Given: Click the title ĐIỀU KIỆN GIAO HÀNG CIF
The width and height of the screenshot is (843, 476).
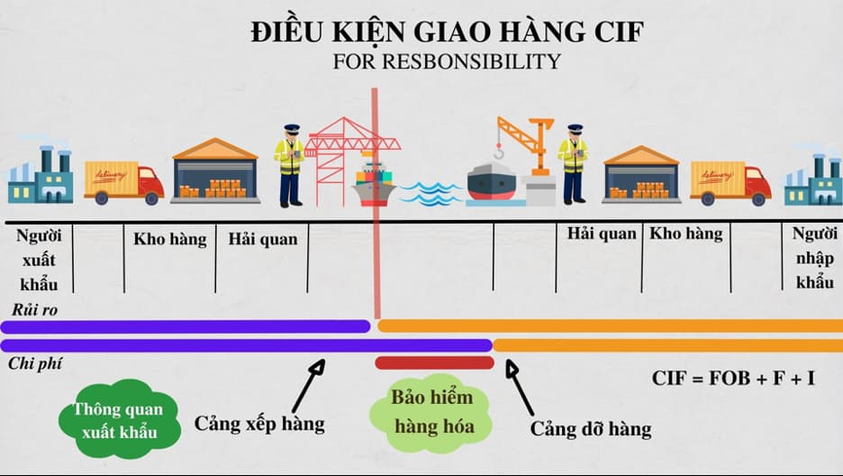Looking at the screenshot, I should click(448, 33).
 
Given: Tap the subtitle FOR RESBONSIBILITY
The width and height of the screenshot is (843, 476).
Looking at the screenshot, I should click(448, 62).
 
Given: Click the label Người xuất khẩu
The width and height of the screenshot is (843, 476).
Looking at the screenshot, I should click(37, 260).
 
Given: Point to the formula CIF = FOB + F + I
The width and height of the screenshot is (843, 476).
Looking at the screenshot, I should click(733, 379).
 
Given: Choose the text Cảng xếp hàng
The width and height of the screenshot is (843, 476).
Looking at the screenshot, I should click(259, 424).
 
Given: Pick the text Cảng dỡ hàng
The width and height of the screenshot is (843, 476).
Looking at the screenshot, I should click(590, 428).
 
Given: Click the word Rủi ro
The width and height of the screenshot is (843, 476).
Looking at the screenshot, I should click(32, 309).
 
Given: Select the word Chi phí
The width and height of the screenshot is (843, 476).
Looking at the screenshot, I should click(33, 363).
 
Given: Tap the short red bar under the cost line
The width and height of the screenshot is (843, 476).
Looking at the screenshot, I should click(434, 362).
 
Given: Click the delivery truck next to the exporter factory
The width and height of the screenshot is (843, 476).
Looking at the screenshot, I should click(123, 182).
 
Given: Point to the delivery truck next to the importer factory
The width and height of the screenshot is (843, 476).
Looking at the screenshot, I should click(730, 182).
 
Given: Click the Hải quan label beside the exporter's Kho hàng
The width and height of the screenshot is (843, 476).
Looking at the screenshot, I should click(262, 240).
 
